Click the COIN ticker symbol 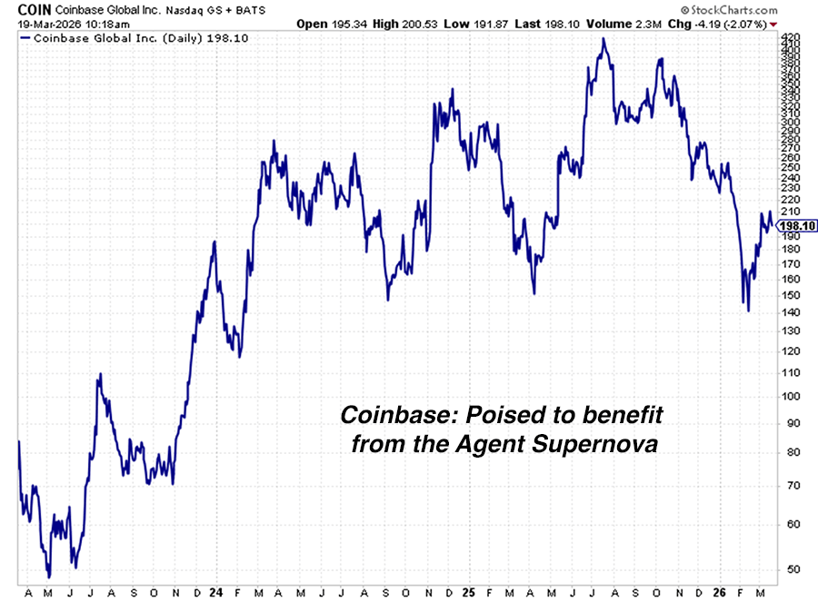[x=22, y=7]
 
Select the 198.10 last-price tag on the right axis [x=797, y=226]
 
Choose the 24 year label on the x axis [x=215, y=591]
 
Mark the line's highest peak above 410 [x=603, y=39]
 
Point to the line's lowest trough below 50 [x=49, y=577]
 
